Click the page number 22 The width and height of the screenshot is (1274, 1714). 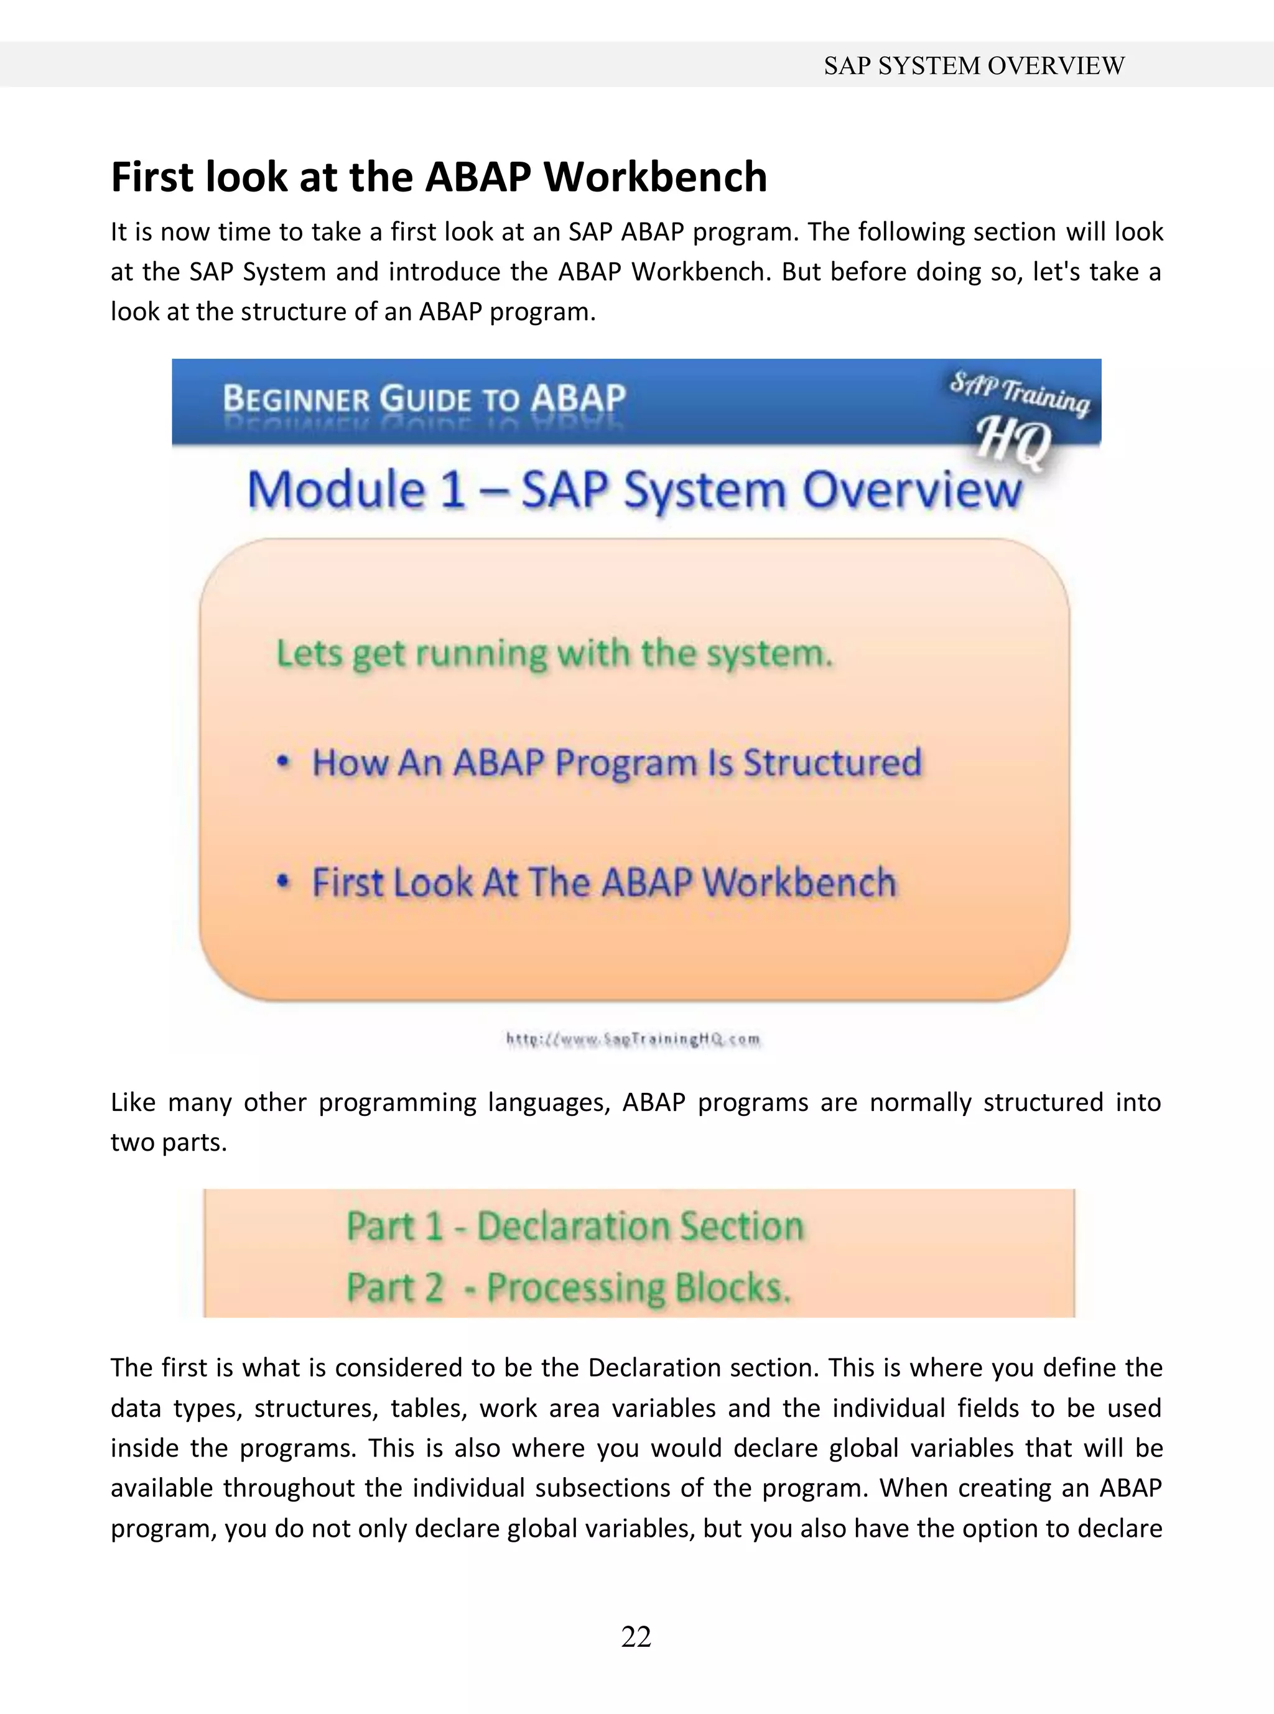pos(636,1636)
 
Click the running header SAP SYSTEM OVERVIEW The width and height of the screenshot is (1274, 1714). pos(974,65)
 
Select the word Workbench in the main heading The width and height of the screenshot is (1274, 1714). pos(656,177)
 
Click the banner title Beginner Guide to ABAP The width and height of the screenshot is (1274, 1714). pos(424,399)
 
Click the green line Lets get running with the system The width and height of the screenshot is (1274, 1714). pos(554,654)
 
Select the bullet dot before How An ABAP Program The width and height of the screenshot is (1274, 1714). pos(284,762)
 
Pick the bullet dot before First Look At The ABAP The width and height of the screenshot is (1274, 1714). pos(284,882)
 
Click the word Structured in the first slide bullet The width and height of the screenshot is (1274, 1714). pos(832,763)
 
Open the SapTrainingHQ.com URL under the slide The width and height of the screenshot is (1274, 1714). pos(633,1039)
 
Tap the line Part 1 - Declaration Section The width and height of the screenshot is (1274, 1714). pos(575,1226)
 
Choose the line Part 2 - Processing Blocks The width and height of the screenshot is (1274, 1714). pos(569,1288)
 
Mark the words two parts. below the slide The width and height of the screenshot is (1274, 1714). pos(169,1142)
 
